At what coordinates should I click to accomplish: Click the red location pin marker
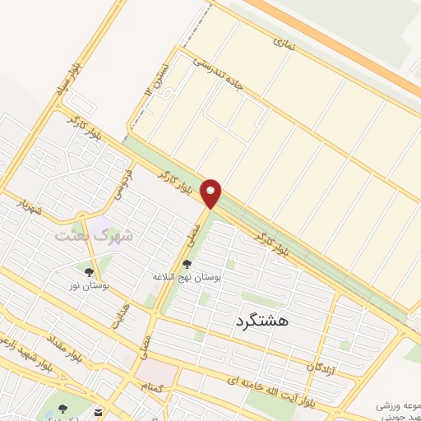(x=211, y=192)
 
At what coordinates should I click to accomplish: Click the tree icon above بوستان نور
(x=88, y=271)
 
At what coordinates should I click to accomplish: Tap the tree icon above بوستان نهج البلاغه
(x=187, y=264)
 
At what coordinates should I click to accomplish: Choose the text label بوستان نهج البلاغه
(x=187, y=278)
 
